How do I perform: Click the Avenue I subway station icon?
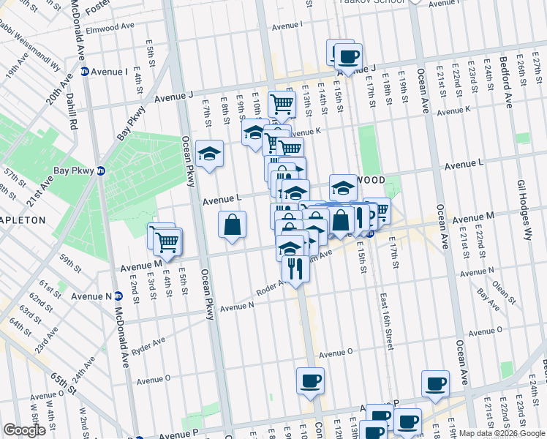[x=85, y=72]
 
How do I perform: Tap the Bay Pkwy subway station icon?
[x=102, y=170]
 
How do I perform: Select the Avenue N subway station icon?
[x=118, y=296]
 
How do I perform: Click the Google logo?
[x=24, y=430]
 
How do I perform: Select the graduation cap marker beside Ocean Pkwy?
[x=209, y=154]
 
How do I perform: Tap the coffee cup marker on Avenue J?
[x=347, y=56]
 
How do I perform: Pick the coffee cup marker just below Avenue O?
[x=310, y=381]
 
